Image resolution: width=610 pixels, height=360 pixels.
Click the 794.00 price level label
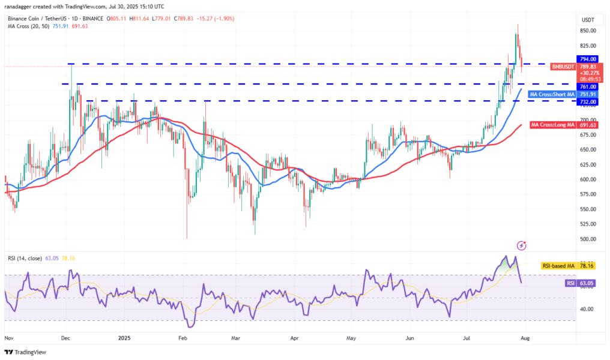coord(588,59)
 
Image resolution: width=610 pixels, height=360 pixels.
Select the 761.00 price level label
coord(588,86)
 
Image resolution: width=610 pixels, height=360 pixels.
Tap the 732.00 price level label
coord(588,102)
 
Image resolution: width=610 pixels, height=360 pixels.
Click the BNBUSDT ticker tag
coord(563,67)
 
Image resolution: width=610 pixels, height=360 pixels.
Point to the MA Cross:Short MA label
coord(552,94)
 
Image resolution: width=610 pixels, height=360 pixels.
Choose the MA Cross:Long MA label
coord(552,125)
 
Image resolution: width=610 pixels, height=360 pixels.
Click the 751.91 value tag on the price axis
coord(588,94)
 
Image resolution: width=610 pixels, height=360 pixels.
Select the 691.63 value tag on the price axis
coord(588,125)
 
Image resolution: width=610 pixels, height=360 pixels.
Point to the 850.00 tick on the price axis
coord(588,31)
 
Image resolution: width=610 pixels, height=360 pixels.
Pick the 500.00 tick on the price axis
coord(588,239)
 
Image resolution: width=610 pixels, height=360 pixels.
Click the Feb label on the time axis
coord(183,338)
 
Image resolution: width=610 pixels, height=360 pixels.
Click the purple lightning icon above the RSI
coord(521,245)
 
